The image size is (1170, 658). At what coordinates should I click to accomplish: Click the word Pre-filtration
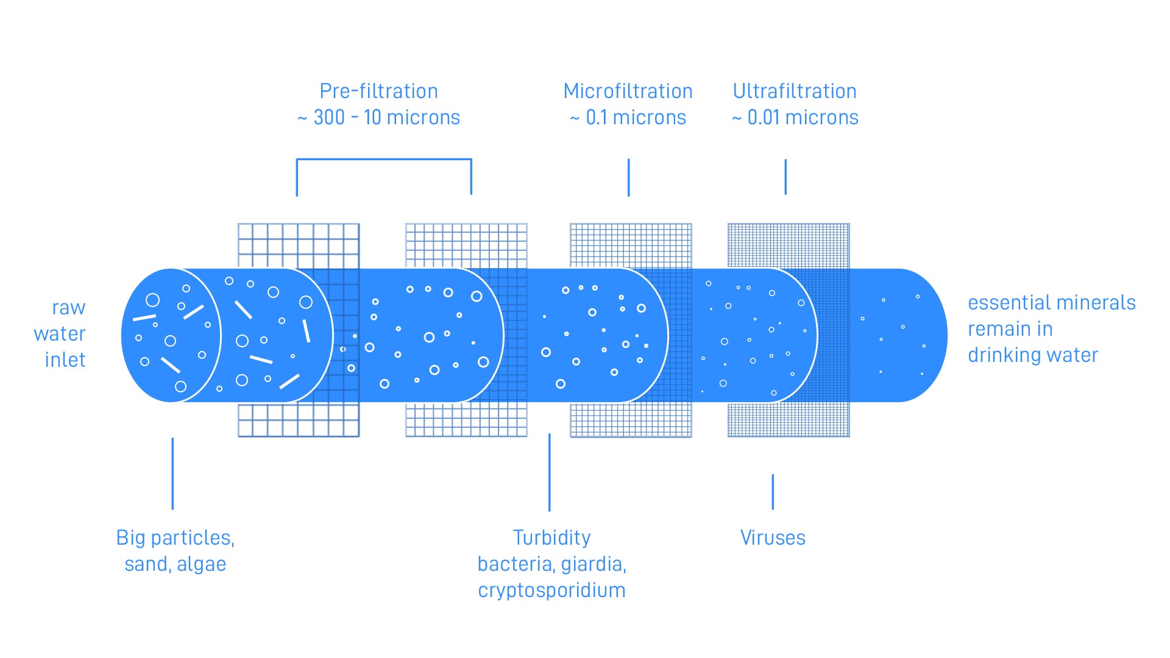coord(378,91)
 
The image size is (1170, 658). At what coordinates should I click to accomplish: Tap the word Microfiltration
coord(628,91)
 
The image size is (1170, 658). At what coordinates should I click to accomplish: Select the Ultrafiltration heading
coord(795,91)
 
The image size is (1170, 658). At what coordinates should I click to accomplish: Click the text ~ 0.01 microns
coord(795,118)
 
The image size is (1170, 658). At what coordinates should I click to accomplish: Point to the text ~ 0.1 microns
coord(628,118)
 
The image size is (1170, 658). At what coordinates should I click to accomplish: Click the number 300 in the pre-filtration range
coord(329,118)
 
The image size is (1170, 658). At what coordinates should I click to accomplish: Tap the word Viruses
coord(773,538)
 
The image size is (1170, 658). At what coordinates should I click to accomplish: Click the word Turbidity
coord(551,538)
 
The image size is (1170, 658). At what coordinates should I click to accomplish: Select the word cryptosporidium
coord(551,590)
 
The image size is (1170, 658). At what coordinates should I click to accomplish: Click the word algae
coord(201,564)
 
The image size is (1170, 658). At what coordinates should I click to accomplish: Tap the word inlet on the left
coord(65,360)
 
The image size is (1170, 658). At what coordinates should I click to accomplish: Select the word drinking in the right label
coord(1005,355)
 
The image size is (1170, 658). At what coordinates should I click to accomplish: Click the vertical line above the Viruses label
coord(773,492)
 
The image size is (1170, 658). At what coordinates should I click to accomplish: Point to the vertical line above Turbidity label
coord(549,472)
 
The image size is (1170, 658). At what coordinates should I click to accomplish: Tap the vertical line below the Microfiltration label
coord(628,177)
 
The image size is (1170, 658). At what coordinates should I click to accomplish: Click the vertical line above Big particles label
coord(172,473)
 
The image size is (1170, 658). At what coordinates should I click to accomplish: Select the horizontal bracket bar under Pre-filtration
coord(384,160)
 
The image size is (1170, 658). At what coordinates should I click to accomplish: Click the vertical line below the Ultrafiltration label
coord(785,177)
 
